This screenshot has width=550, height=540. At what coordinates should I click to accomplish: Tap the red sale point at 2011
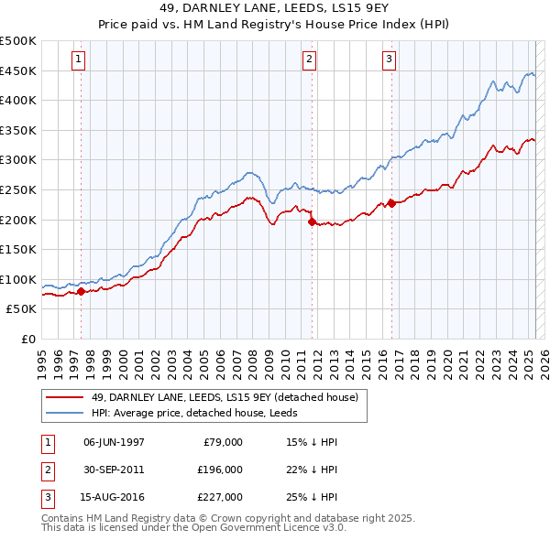click(312, 221)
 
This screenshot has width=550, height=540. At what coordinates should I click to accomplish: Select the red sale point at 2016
click(391, 202)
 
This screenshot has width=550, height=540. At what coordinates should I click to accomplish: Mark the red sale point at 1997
click(81, 291)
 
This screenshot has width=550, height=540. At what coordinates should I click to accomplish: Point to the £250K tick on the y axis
click(19, 189)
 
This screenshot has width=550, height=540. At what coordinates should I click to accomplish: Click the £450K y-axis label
click(19, 70)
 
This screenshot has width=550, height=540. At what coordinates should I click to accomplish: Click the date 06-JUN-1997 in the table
click(114, 441)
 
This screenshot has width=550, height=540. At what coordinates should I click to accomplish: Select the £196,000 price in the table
click(221, 470)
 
